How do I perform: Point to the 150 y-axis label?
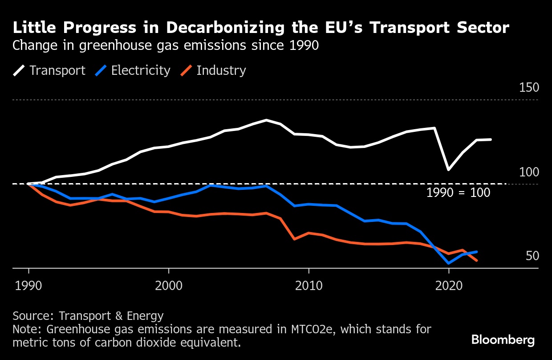pyautogui.click(x=528, y=88)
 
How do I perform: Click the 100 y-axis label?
pyautogui.click(x=528, y=172)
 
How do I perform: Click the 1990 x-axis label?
pyautogui.click(x=29, y=285)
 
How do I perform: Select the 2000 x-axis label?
pyautogui.click(x=169, y=285)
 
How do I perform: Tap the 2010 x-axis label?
pyautogui.click(x=308, y=285)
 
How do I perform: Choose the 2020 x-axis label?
pyautogui.click(x=449, y=285)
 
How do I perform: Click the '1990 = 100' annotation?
pyautogui.click(x=458, y=193)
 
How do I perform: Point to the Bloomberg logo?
pyautogui.click(x=503, y=340)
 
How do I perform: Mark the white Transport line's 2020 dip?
pyautogui.click(x=449, y=169)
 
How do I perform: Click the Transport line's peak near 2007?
pyautogui.click(x=266, y=120)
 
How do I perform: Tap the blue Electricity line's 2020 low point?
pyautogui.click(x=449, y=263)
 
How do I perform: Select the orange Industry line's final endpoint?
pyautogui.click(x=477, y=260)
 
